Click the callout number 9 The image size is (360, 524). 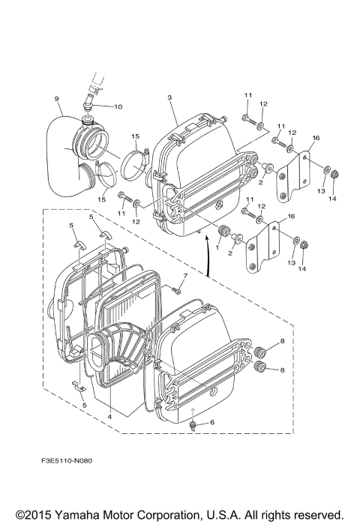click(x=56, y=98)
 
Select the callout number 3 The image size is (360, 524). click(x=169, y=98)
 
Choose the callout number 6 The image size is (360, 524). click(x=211, y=423)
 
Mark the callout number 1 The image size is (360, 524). click(x=218, y=247)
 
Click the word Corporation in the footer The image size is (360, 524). click(x=166, y=516)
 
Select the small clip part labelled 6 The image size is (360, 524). click(x=193, y=427)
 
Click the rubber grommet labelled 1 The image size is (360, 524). click(x=223, y=229)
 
